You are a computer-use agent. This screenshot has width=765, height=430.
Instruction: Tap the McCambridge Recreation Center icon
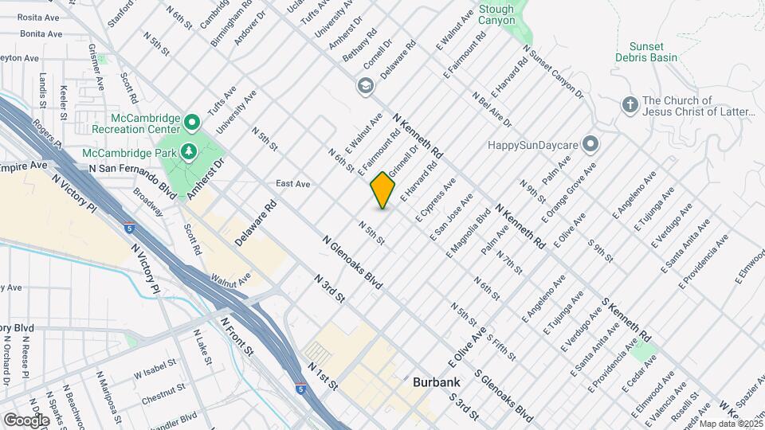pyautogui.click(x=191, y=123)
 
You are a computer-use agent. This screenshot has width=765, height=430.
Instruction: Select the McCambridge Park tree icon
pyautogui.click(x=189, y=150)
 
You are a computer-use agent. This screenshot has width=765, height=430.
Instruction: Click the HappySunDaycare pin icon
pyautogui.click(x=590, y=144)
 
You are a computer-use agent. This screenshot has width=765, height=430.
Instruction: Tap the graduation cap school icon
pyautogui.click(x=366, y=86)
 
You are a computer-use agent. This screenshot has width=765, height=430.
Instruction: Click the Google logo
pyautogui.click(x=26, y=420)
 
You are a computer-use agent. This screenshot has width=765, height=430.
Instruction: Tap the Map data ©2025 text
pyautogui.click(x=729, y=424)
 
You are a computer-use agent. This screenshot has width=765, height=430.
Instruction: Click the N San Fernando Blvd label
pyautogui.click(x=132, y=180)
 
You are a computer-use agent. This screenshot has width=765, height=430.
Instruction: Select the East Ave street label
pyautogui.click(x=292, y=183)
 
